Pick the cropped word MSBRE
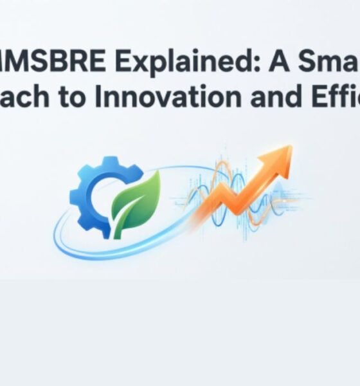pos(44,64)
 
